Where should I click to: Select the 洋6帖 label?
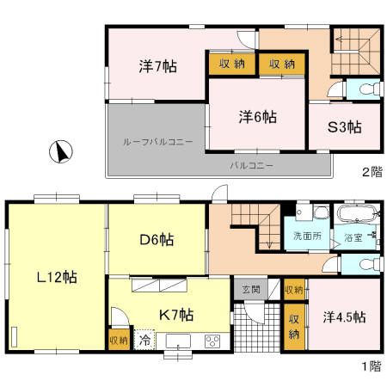(258, 114)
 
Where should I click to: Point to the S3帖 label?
(343, 127)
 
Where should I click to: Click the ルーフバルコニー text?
(157, 140)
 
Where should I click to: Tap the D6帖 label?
(157, 240)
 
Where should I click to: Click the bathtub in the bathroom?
(354, 214)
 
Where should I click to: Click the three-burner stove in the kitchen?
(212, 341)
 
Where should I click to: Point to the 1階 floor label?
(370, 365)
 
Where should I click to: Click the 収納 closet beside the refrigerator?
(118, 341)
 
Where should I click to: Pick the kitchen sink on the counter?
(179, 340)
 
